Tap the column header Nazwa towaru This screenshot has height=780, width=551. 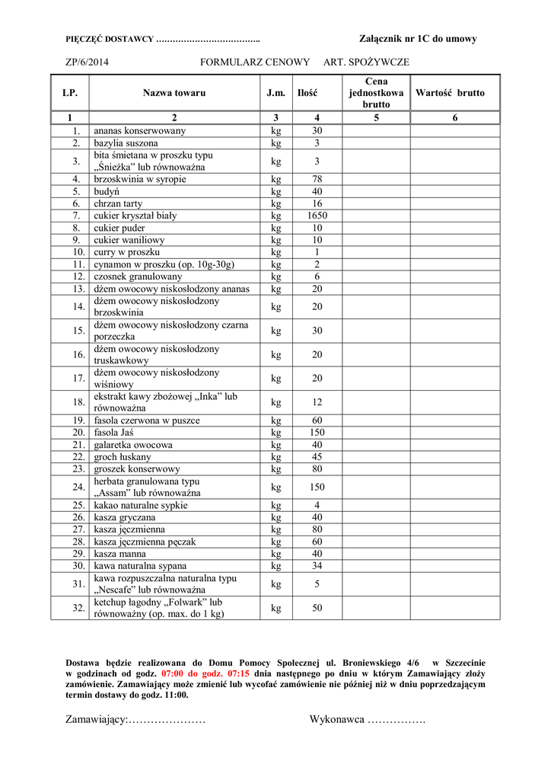[x=174, y=93]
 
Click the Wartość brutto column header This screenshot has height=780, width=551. [x=455, y=93]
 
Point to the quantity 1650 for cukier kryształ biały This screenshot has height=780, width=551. [x=317, y=216]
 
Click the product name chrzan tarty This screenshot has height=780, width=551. [x=118, y=203]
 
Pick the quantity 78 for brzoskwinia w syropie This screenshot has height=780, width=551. [x=317, y=179]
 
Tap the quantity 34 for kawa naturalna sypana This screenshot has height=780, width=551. [x=317, y=566]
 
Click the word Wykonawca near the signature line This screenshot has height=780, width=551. [x=336, y=720]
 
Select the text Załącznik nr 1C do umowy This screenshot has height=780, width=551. [x=418, y=39]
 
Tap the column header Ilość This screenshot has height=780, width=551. [x=307, y=93]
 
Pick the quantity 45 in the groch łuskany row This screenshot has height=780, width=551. [x=317, y=456]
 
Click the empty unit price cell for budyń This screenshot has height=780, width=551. [x=377, y=191]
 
